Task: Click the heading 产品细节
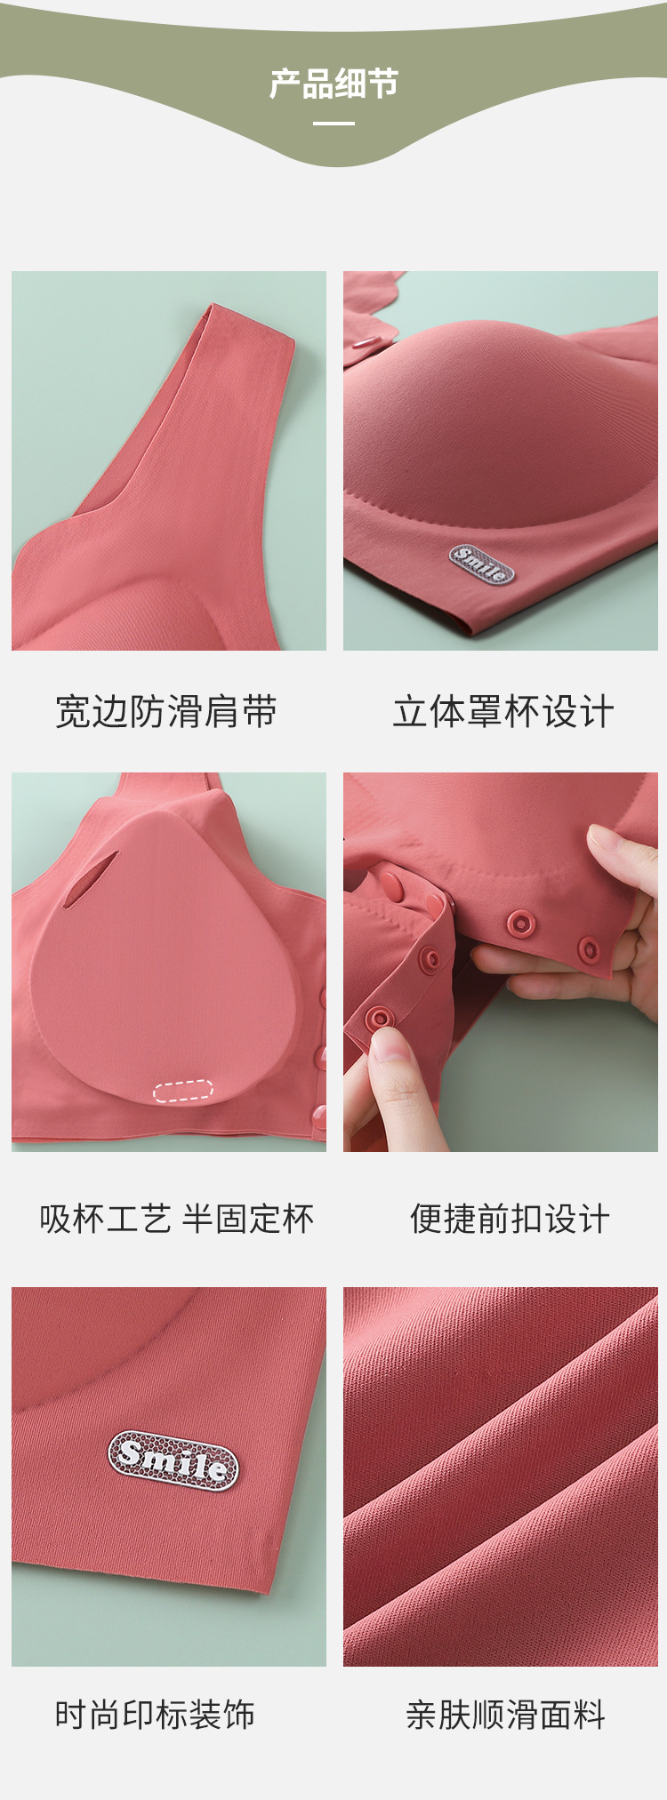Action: click(x=333, y=84)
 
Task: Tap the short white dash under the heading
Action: click(x=333, y=123)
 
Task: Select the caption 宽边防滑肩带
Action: click(x=166, y=711)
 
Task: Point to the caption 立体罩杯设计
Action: click(x=503, y=711)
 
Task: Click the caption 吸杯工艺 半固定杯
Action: click(x=176, y=1219)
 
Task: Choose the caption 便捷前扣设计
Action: click(x=510, y=1219)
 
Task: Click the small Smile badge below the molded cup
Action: click(x=482, y=564)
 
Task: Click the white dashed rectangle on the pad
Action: click(x=183, y=1090)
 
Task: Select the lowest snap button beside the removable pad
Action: click(x=319, y=1113)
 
